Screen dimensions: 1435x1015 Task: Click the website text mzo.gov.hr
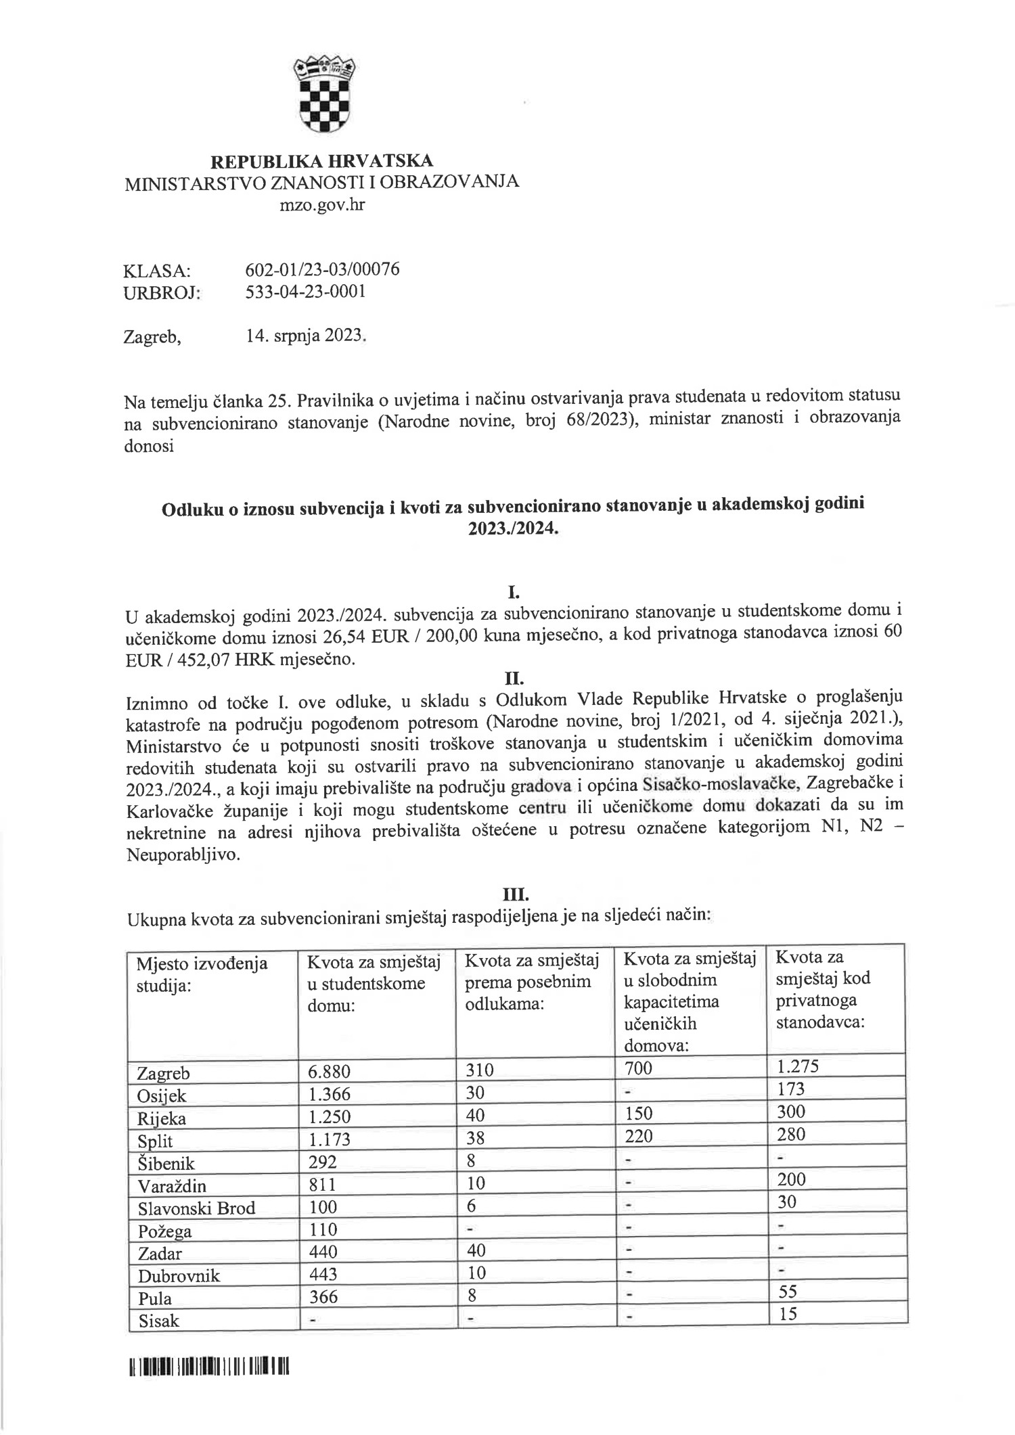pyautogui.click(x=322, y=204)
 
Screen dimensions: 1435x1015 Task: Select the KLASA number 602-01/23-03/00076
pyautogui.click(x=322, y=269)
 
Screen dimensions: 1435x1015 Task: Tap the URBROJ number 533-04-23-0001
pyautogui.click(x=305, y=292)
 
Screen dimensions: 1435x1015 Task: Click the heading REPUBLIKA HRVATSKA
pyautogui.click(x=322, y=161)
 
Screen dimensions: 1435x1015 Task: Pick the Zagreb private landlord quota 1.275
pyautogui.click(x=797, y=1067)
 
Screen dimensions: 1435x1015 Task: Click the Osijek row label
pyautogui.click(x=162, y=1095)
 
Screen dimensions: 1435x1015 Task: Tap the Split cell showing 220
pyautogui.click(x=637, y=1136)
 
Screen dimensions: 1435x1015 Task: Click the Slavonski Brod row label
pyautogui.click(x=196, y=1208)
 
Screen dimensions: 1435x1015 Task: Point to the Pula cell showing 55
pyautogui.click(x=788, y=1292)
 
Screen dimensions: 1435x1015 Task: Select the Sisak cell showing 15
pyautogui.click(x=788, y=1314)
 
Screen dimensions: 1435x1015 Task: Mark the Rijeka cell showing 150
pyautogui.click(x=637, y=1113)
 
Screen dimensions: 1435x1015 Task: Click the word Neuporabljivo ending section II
pyautogui.click(x=182, y=855)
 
